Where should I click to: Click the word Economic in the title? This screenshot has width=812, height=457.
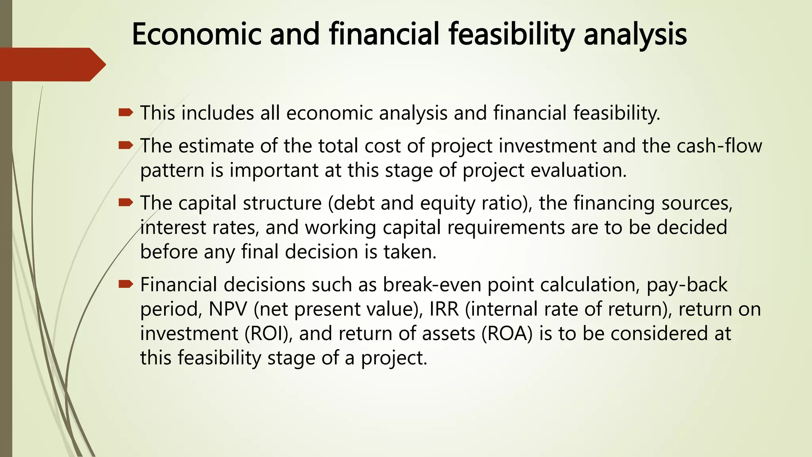[196, 34]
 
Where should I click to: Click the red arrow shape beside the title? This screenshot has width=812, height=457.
[52, 64]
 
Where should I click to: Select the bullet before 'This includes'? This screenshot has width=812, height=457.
[126, 113]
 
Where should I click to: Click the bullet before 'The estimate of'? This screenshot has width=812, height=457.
[126, 146]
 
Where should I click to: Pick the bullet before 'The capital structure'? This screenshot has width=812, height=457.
[126, 203]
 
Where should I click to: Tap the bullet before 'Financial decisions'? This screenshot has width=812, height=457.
[126, 284]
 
